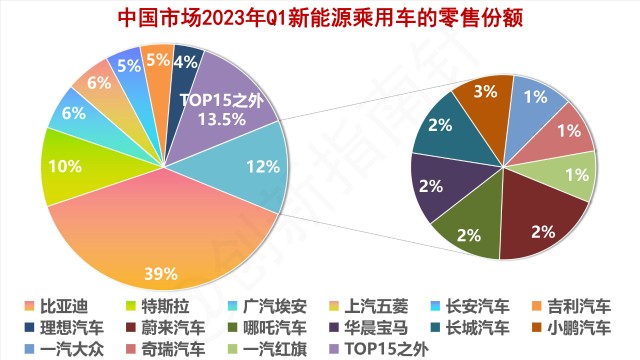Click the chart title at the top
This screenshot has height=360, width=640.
coord(320,17)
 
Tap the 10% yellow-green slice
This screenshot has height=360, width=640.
coord(62,166)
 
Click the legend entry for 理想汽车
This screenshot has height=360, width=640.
coord(60,327)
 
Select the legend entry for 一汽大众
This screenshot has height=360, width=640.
coord(60,348)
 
